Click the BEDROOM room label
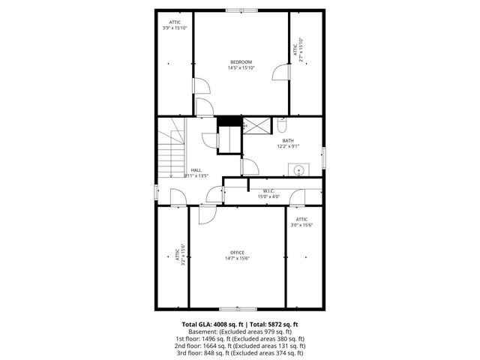241,61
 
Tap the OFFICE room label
237,252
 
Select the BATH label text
288,140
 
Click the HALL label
196,170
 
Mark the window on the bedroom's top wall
241,10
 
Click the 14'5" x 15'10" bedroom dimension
241,68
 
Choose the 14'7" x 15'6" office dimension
237,259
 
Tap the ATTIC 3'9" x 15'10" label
175,25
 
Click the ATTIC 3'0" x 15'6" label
301,222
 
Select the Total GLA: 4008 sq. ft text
211,324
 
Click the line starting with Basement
240,331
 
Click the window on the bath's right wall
323,157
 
